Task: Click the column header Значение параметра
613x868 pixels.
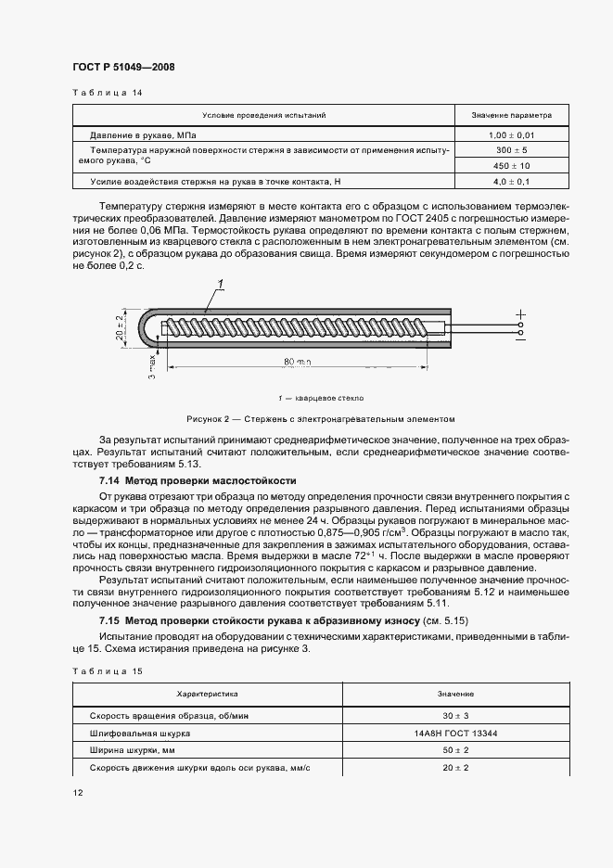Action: click(x=511, y=116)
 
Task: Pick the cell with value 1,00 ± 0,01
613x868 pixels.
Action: click(x=511, y=135)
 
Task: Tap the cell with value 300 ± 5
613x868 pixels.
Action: click(x=511, y=149)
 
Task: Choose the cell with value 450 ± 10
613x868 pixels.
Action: click(x=511, y=165)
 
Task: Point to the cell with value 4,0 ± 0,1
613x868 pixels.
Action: click(x=511, y=181)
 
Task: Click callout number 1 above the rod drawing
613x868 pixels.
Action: click(x=221, y=285)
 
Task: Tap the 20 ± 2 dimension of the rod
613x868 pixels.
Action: click(x=119, y=328)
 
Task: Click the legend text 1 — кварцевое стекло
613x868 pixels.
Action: click(x=307, y=393)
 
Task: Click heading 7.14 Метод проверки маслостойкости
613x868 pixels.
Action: click(x=198, y=481)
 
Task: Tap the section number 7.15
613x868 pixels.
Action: click(x=111, y=619)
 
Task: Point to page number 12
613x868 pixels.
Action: click(x=78, y=794)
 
